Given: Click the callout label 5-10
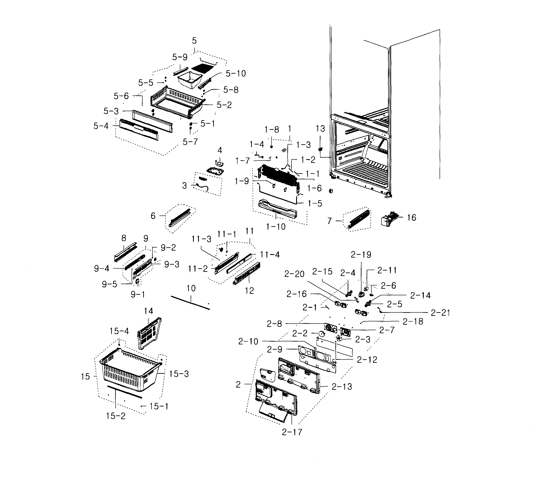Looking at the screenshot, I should click(x=236, y=73).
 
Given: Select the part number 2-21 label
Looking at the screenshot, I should click(x=440, y=313).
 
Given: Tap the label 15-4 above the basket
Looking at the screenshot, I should click(x=119, y=331).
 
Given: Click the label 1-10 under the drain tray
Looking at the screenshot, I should click(x=276, y=226).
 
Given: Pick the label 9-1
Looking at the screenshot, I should click(x=138, y=294).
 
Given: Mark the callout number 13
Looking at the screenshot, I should click(x=320, y=129).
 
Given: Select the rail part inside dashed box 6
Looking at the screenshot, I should click(x=179, y=217).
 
